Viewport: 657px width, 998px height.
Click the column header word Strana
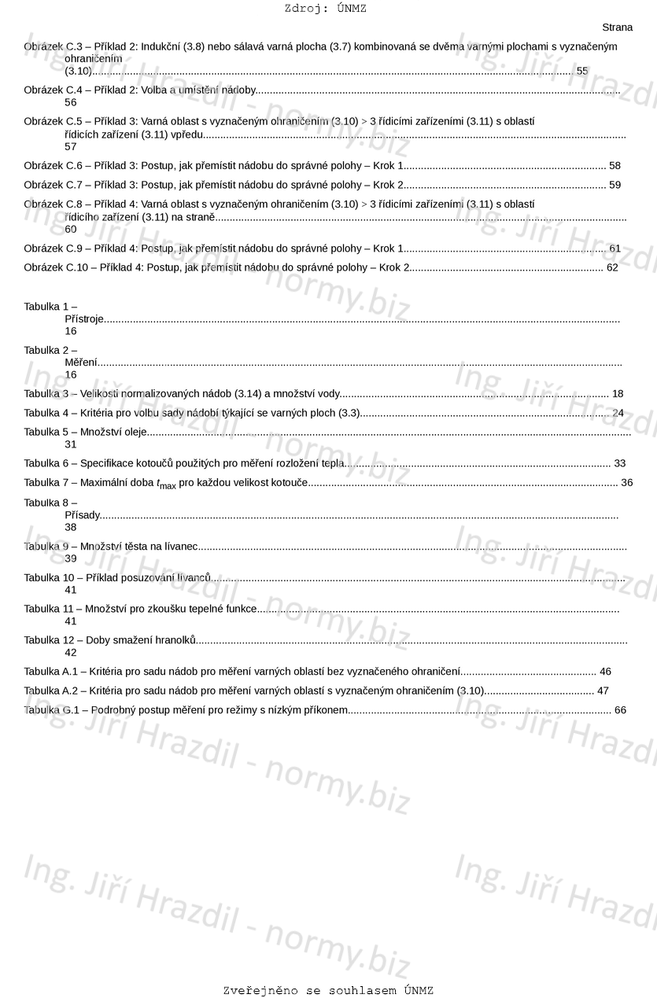617,28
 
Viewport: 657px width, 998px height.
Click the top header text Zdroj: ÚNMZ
325,9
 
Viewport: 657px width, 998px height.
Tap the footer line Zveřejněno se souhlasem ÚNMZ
328,990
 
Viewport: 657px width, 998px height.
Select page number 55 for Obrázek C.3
582,71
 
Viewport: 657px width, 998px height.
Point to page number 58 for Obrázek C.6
615,166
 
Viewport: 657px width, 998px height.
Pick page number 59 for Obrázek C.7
615,185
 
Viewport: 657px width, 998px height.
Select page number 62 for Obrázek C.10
612,267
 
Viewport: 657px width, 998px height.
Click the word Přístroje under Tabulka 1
84,319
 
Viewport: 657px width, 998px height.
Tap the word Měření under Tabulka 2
81,363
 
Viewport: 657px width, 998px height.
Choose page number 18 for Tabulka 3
618,393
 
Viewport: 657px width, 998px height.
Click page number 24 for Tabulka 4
618,413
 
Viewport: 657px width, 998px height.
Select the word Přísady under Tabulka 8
83,516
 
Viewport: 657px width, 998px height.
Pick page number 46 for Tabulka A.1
605,672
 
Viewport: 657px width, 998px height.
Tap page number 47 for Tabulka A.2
603,690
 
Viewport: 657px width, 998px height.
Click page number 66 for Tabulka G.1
620,710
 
